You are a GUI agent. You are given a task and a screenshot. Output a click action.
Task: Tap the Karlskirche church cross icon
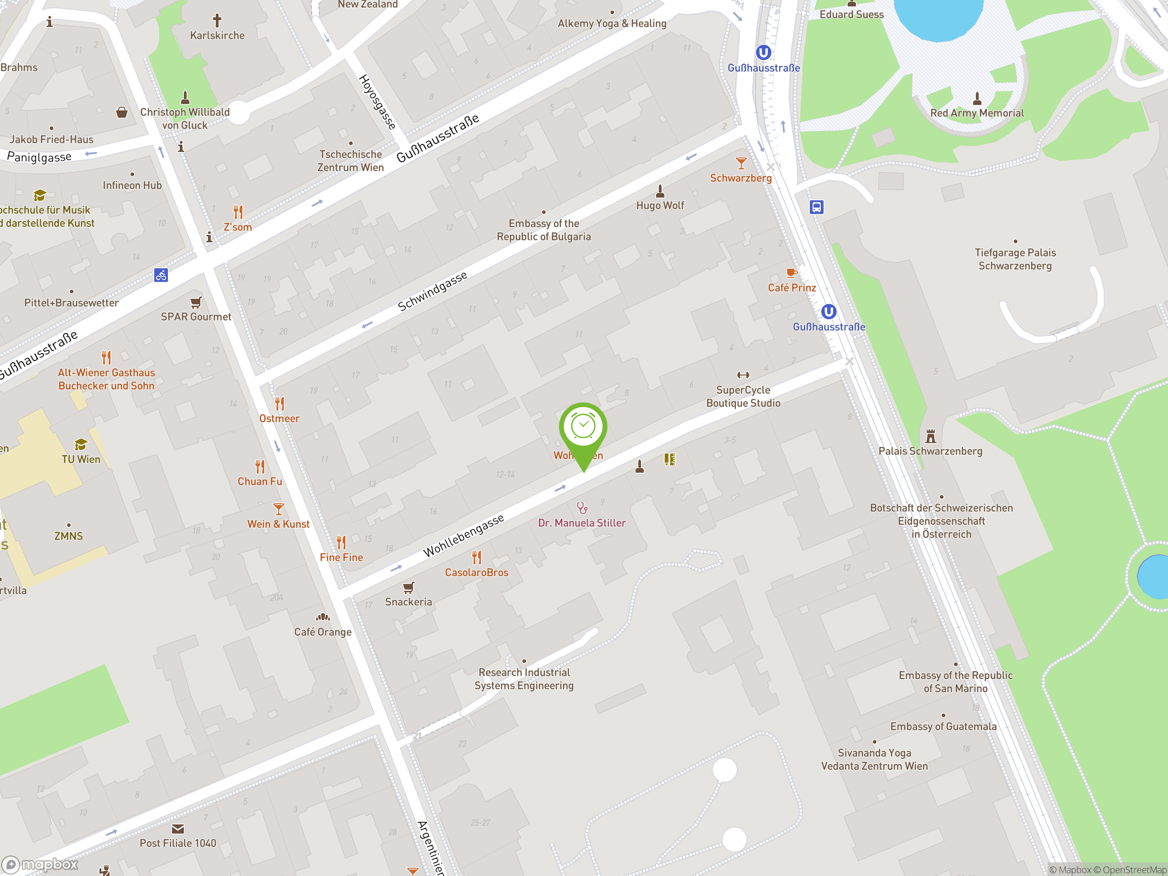(217, 21)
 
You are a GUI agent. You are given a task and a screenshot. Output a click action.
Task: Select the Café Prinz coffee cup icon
(792, 273)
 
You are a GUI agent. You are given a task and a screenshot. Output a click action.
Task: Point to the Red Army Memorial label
(976, 113)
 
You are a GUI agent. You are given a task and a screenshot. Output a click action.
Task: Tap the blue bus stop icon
(816, 207)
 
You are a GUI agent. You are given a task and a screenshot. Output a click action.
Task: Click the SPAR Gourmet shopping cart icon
(196, 302)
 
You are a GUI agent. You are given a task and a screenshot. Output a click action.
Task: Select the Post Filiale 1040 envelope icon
(178, 829)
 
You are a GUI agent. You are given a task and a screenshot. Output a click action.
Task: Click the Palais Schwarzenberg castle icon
(930, 437)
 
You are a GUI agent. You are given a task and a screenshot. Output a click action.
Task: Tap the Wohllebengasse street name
(464, 536)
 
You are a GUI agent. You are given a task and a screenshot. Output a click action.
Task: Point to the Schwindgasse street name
(433, 291)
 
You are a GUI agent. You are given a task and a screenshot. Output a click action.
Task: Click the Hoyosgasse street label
(377, 102)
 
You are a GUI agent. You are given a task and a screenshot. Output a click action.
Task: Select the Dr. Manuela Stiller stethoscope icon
(582, 508)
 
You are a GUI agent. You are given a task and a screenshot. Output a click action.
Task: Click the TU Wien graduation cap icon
(81, 444)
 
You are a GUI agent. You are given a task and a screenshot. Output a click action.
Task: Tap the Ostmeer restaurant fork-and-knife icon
(279, 404)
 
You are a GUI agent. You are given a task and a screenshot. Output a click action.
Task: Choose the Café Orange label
(323, 632)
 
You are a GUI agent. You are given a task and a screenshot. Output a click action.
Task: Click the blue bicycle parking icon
(161, 275)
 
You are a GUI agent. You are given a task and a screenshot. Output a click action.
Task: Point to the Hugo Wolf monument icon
(660, 191)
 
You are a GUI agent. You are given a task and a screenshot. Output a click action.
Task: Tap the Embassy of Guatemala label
(943, 726)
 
